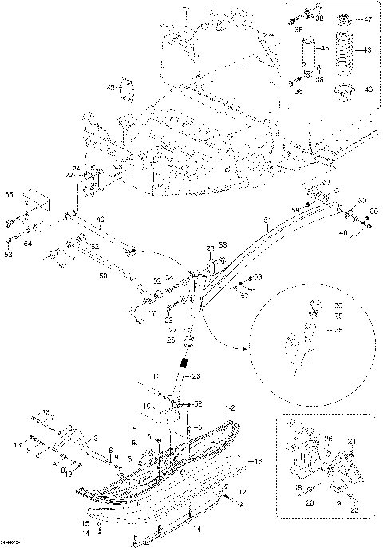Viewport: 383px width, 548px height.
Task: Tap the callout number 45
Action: (x=324, y=50)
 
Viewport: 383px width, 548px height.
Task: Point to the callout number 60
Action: (x=373, y=211)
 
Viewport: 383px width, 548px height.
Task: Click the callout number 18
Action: (x=258, y=463)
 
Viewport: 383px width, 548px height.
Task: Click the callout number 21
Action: (x=353, y=443)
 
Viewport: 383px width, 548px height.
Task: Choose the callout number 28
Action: (x=211, y=249)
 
